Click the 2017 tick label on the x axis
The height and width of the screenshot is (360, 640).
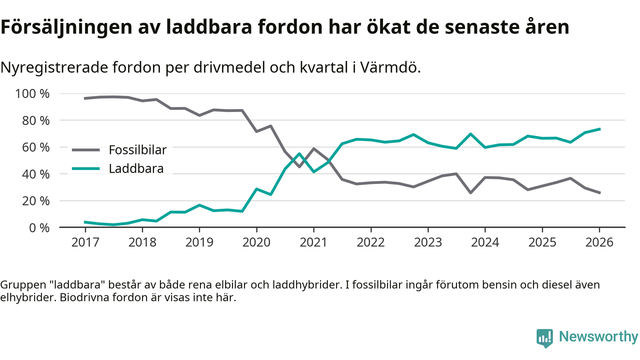(85, 242)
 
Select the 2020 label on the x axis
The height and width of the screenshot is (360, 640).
(256, 242)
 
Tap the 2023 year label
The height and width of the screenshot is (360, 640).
(427, 242)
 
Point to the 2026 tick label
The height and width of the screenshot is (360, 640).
(599, 242)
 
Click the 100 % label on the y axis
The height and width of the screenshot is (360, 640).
(33, 93)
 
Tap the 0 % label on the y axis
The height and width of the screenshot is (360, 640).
(39, 227)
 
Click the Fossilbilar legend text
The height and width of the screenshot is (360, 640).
(137, 149)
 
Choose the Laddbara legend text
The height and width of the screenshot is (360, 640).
(136, 168)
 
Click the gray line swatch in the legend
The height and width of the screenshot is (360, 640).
(86, 149)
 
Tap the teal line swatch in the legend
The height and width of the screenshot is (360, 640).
(86, 168)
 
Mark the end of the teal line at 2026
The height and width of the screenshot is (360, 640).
(599, 129)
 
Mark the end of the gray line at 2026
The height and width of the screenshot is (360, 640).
(599, 192)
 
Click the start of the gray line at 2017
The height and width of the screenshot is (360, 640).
(85, 98)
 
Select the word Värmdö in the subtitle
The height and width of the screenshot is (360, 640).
(393, 67)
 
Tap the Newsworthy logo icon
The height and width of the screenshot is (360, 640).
(544, 337)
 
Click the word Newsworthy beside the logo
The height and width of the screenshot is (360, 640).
(598, 337)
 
